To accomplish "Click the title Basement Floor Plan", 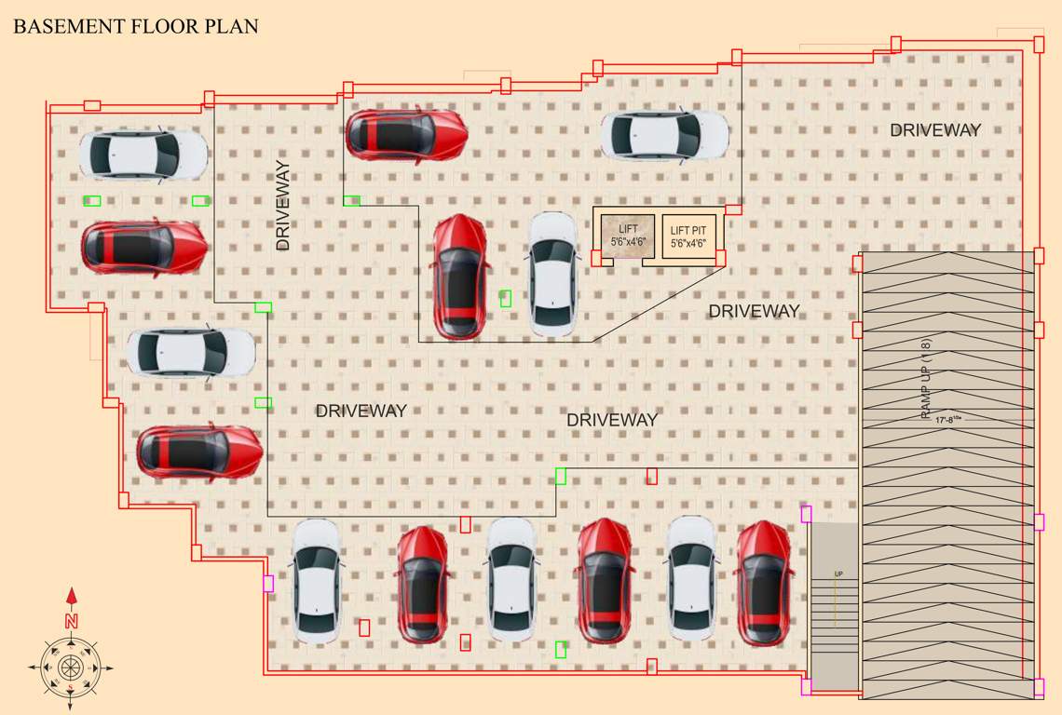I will pos(135,27).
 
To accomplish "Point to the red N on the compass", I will pos(71,620).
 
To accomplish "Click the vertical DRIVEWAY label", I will pos(283,206).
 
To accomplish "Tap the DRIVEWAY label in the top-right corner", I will pos(935,130).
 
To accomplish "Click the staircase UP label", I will pos(838,574).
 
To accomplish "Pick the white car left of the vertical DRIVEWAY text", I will pos(143,154).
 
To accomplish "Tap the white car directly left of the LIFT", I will pos(553,274).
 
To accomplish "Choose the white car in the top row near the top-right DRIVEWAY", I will pos(664,135).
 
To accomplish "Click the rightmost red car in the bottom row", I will pos(764,583).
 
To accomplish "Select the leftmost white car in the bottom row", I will pos(317,581).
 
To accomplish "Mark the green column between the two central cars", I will pos(505,298).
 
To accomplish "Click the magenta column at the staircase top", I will pos(807,514).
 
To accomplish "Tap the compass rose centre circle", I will pos(71,668).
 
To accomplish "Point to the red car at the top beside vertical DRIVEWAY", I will pos(406,134).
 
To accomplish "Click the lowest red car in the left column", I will pos(199,452).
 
